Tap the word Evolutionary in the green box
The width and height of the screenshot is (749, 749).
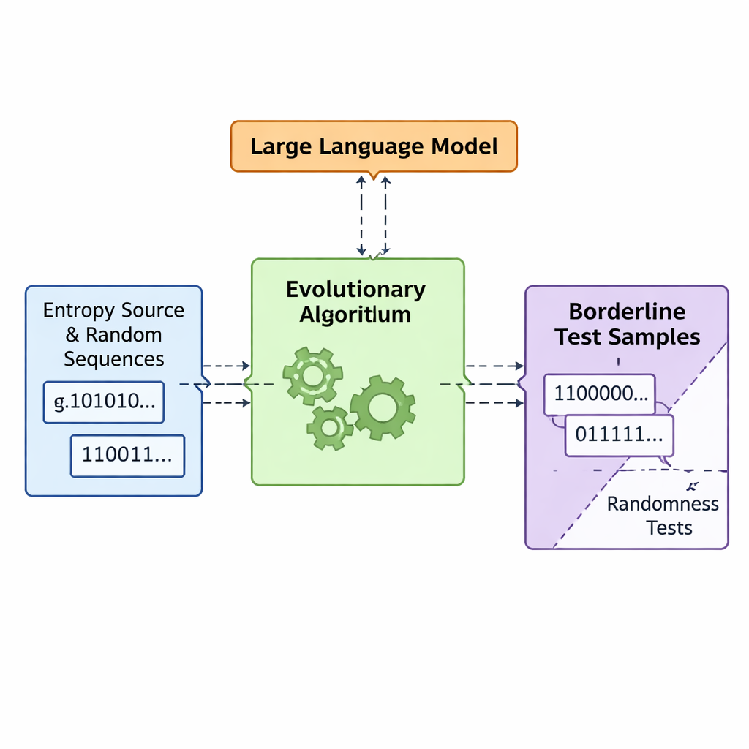355,289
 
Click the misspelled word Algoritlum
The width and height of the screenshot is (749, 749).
355,315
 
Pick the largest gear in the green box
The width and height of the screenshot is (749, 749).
383,407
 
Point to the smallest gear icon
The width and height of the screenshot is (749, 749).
329,427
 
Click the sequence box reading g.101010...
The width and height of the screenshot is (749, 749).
103,402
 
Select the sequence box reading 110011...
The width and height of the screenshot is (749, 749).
127,456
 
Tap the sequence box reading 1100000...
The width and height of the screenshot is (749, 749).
599,394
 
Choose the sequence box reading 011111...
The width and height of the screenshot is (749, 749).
619,435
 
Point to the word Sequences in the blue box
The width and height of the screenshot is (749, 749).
113,358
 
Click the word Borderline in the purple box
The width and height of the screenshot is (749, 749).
627,312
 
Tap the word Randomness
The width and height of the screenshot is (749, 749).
663,504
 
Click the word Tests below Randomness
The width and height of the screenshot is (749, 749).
669,527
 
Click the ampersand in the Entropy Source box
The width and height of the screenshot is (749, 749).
72,335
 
